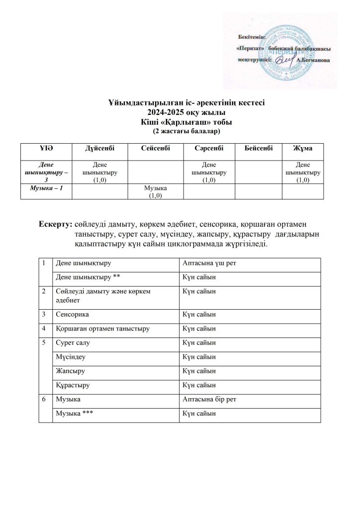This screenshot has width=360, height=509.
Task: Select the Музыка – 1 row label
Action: coord(46,187)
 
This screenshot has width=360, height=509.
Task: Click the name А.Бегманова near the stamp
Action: coord(312,60)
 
